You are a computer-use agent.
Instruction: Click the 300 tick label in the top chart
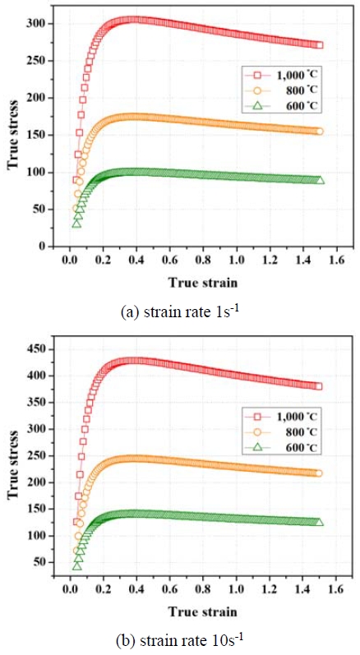(34, 24)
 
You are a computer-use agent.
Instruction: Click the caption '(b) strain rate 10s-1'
(179, 639)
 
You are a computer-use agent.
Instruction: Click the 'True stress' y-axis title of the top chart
(12, 136)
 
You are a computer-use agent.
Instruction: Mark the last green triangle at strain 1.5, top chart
(320, 180)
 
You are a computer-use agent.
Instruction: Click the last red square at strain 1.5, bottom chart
(319, 386)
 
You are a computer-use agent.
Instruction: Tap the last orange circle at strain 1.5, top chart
(319, 131)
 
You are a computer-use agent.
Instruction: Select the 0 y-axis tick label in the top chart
(39, 246)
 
